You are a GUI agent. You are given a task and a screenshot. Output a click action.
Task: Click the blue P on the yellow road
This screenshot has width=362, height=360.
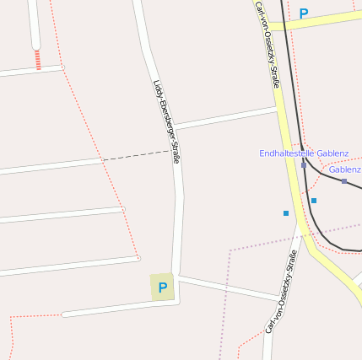[x=304, y=13]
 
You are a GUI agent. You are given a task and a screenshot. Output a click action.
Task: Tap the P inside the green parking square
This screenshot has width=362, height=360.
[x=163, y=287]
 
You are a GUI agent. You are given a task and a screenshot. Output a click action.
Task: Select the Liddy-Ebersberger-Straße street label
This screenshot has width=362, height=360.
[x=167, y=121]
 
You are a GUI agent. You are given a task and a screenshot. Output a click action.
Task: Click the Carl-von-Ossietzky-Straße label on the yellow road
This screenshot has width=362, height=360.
[x=267, y=46]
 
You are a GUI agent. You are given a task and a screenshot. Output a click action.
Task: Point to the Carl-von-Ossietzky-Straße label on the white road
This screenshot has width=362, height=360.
[x=282, y=292]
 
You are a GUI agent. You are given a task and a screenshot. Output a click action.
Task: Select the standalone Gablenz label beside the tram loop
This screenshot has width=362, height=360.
[x=345, y=169]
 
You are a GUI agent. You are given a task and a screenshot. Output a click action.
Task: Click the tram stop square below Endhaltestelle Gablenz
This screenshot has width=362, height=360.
[x=304, y=165]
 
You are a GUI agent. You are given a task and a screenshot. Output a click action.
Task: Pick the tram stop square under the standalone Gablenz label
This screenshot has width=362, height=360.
[x=344, y=181]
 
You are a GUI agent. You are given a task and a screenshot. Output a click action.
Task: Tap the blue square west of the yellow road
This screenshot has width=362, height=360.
[x=286, y=213]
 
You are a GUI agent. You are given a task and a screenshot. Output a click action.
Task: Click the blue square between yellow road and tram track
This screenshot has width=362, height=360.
[x=314, y=201]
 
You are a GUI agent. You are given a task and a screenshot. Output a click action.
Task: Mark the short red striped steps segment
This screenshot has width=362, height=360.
[x=37, y=58]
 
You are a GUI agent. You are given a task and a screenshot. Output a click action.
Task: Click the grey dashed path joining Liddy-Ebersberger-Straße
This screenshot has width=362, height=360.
[x=135, y=155]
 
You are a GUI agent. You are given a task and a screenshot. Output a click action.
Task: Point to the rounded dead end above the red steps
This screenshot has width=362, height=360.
[x=35, y=46]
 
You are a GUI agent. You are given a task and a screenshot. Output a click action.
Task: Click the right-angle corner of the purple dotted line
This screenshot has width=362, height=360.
[x=230, y=250]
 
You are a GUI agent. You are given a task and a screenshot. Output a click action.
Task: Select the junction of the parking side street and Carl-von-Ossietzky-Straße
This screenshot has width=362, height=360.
[x=277, y=298]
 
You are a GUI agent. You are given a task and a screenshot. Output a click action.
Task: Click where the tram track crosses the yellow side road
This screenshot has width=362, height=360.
[x=284, y=23]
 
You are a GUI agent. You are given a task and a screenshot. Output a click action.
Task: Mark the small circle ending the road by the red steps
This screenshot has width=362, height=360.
[x=35, y=46]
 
